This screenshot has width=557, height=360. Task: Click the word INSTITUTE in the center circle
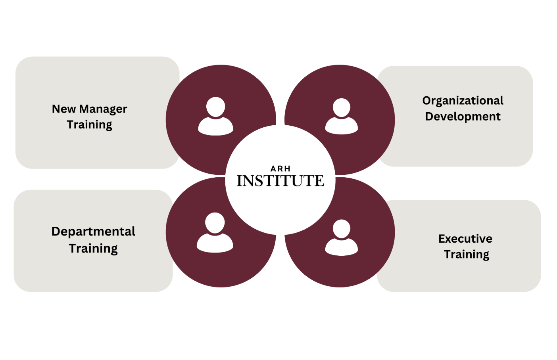tap(280, 180)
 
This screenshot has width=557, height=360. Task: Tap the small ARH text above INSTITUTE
tap(280, 169)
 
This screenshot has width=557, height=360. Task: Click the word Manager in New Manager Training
tap(103, 109)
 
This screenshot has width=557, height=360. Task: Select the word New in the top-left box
tap(64, 109)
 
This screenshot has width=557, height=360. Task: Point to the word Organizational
tap(463, 101)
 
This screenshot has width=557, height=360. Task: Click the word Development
tap(463, 117)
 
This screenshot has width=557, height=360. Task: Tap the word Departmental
tap(93, 232)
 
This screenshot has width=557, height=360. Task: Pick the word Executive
tap(465, 239)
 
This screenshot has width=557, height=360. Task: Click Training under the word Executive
tap(467, 255)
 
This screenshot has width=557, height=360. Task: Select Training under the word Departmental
tap(93, 249)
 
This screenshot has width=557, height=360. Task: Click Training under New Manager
tap(90, 125)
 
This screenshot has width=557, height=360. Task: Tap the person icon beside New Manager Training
tap(215, 116)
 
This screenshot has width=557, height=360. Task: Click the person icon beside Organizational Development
tap(342, 116)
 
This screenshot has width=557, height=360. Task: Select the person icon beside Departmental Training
tap(215, 233)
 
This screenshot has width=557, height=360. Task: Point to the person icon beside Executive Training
tap(342, 237)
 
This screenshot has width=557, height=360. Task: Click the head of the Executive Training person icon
tap(342, 229)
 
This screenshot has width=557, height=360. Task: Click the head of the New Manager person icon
tap(215, 107)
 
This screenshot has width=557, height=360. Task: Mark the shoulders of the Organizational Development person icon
tap(342, 126)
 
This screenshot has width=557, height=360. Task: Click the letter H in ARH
tap(287, 169)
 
